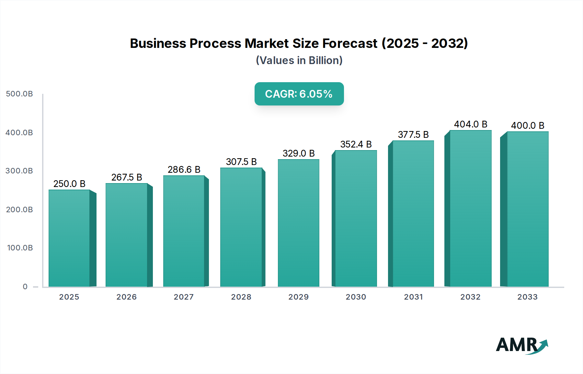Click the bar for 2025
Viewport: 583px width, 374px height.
[69, 238]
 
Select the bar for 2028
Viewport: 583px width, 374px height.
[241, 227]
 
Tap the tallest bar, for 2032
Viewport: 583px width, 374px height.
[471, 209]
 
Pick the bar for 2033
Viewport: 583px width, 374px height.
[528, 209]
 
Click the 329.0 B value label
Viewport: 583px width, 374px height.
[299, 153]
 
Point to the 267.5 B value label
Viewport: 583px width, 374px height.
[127, 177]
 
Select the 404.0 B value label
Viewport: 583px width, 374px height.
[471, 124]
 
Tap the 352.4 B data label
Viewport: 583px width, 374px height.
[356, 144]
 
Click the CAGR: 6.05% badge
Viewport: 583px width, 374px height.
[299, 94]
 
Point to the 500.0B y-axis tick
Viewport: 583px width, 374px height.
[19, 94]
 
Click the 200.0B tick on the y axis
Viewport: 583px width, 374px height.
[19, 210]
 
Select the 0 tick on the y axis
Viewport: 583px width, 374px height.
[25, 287]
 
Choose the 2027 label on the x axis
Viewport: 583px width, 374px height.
[184, 297]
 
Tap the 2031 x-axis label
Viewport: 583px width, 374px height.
[413, 297]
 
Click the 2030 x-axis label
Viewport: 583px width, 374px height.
[356, 297]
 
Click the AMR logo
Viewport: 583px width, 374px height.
[521, 345]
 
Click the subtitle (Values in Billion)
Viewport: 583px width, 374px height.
[299, 60]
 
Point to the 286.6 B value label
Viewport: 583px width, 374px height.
[184, 170]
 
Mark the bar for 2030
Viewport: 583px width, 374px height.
[356, 218]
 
